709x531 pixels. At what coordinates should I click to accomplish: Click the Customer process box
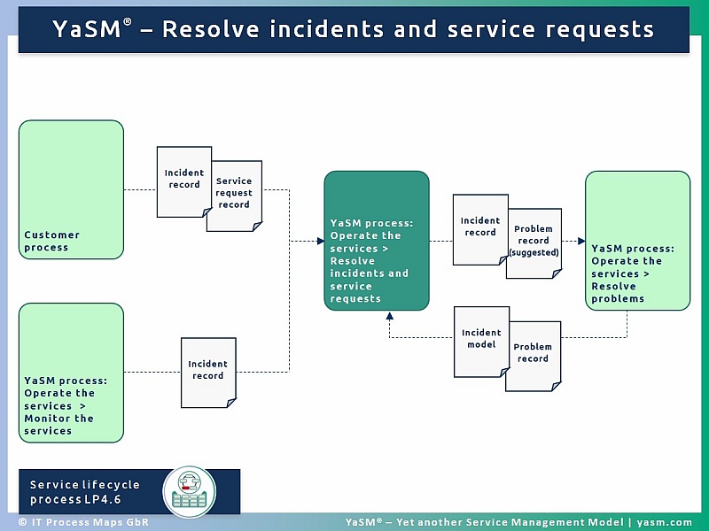[x=71, y=189]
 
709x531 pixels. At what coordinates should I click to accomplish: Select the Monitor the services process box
[x=71, y=372]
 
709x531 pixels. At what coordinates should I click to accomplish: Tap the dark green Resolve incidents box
[x=376, y=241]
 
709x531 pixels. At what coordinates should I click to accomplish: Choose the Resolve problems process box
[x=637, y=241]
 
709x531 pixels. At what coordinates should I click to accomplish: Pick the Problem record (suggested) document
[x=534, y=242]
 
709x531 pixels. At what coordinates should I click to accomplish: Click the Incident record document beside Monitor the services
[x=208, y=371]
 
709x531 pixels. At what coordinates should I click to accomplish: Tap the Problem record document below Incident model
[x=534, y=354]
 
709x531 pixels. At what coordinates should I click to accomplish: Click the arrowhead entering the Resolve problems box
[x=580, y=241]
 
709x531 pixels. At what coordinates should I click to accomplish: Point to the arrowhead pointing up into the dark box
[x=389, y=316]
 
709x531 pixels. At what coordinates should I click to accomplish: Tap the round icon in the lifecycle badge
[x=189, y=491]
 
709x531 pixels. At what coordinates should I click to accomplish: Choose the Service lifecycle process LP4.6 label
[x=85, y=492]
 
